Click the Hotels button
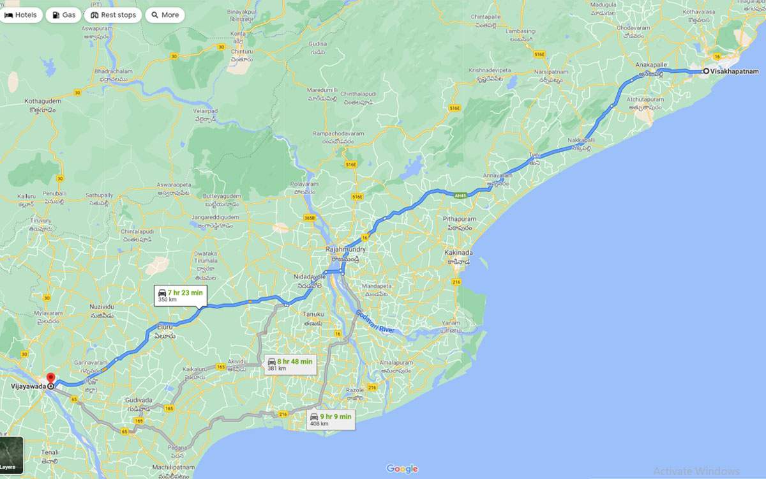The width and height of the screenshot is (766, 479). coord(21,15)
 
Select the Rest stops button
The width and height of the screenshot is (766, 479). coord(113,15)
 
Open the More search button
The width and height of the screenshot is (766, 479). coord(165,15)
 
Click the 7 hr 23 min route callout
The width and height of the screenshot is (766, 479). coord(181,295)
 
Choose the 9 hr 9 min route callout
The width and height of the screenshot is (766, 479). coord(330,420)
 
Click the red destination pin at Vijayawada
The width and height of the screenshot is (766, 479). coord(50,379)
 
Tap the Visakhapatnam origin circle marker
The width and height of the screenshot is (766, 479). coord(706,71)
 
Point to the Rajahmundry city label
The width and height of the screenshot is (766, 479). coord(345,249)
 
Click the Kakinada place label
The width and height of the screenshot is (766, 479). coord(458,253)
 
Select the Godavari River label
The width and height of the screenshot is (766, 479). coord(377,323)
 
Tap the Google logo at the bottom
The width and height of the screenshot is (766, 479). coord(402,469)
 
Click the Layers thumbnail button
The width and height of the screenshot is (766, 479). coord(11,455)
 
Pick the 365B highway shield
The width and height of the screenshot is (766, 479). coord(310,218)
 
